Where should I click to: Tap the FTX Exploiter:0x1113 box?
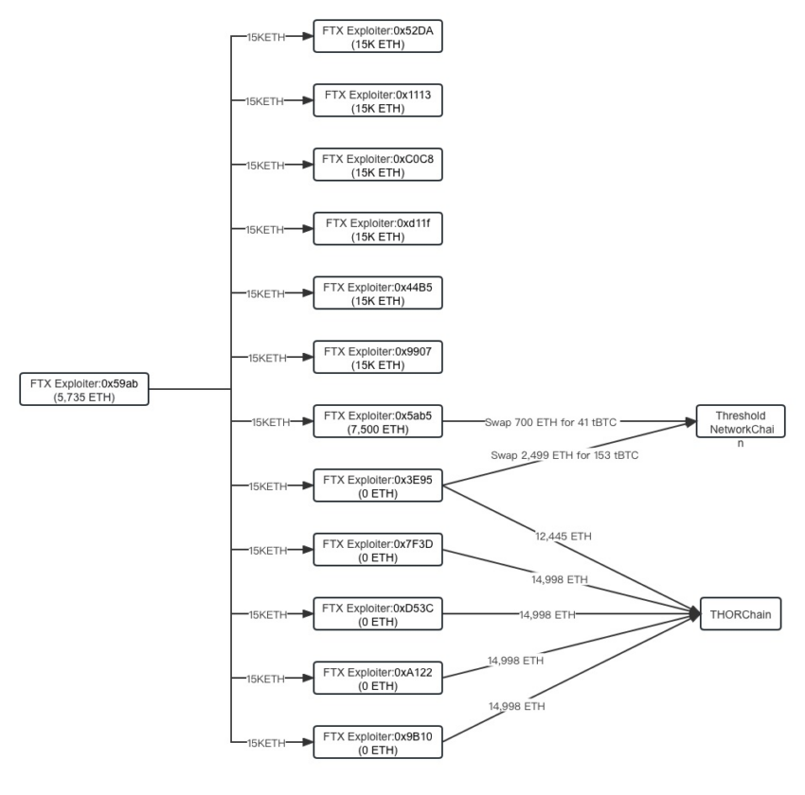click(x=378, y=100)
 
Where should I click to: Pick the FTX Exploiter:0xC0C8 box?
click(x=378, y=165)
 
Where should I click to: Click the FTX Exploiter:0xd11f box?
click(x=378, y=229)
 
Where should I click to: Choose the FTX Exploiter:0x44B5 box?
click(x=378, y=293)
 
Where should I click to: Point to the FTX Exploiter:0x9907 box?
click(x=378, y=358)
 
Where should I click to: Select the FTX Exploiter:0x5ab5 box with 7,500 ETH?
click(x=378, y=422)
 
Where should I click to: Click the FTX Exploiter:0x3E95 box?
click(x=378, y=486)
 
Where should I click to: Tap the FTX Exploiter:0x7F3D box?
click(x=378, y=550)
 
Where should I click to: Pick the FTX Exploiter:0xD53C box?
click(x=378, y=614)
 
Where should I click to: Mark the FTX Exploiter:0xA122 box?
click(x=378, y=679)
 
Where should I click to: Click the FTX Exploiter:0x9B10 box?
click(x=378, y=743)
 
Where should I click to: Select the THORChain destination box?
click(x=741, y=614)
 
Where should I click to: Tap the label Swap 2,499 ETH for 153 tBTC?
click(x=564, y=455)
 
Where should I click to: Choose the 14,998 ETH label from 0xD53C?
click(x=546, y=614)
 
